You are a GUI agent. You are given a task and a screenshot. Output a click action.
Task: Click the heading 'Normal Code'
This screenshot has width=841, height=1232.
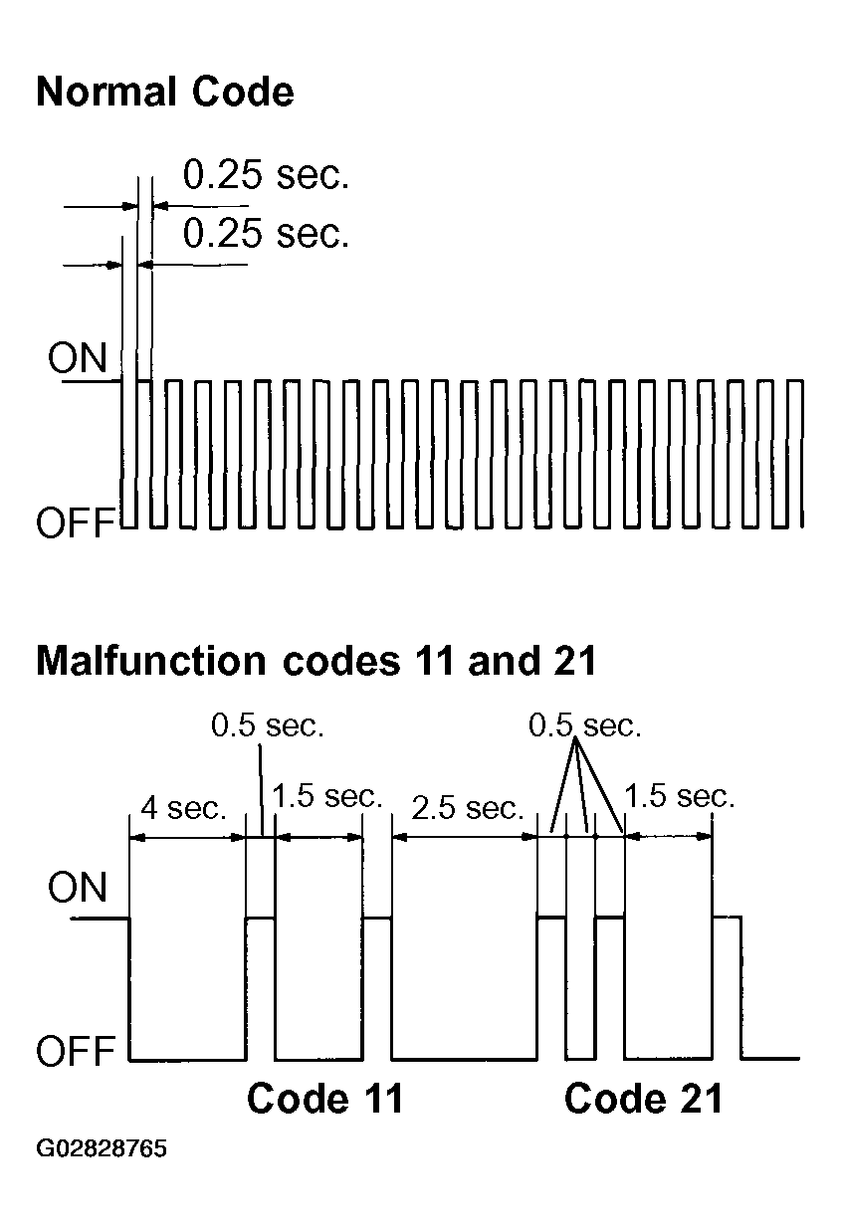click(165, 92)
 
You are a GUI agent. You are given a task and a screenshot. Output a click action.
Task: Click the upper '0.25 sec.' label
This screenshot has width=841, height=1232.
click(266, 174)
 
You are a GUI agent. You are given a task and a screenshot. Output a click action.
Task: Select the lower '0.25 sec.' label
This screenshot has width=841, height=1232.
click(266, 233)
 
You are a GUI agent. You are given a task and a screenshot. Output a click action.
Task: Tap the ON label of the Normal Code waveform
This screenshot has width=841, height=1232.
click(77, 358)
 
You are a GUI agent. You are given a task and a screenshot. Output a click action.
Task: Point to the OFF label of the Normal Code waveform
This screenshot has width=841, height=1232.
click(76, 522)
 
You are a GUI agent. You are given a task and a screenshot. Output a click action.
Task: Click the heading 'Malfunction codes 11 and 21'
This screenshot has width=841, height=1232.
click(316, 660)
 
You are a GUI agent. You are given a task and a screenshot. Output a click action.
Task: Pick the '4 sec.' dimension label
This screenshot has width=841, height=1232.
click(184, 808)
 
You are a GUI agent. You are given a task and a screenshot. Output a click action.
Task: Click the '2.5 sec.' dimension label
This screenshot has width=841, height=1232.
click(468, 808)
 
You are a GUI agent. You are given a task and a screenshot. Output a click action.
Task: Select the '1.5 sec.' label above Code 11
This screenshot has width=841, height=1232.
click(327, 796)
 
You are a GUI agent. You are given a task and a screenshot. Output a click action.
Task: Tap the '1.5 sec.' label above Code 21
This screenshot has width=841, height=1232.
click(680, 796)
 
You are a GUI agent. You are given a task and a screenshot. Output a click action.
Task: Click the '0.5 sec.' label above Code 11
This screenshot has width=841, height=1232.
click(268, 725)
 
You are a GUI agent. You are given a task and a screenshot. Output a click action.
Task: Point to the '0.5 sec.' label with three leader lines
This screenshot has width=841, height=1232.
click(585, 725)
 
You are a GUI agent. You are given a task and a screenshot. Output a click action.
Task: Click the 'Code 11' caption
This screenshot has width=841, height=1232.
click(325, 1099)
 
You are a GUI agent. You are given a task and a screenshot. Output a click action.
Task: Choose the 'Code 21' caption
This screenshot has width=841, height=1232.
click(644, 1099)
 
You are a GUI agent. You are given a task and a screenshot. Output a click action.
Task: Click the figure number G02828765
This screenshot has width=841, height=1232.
click(102, 1149)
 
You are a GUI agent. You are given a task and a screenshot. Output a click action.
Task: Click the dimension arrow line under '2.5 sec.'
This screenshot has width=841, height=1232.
click(465, 837)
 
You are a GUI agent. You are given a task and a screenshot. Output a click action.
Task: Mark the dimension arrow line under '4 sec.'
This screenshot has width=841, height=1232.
click(187, 837)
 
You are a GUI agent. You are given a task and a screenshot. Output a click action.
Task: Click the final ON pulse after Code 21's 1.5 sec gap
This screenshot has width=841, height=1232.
click(727, 917)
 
